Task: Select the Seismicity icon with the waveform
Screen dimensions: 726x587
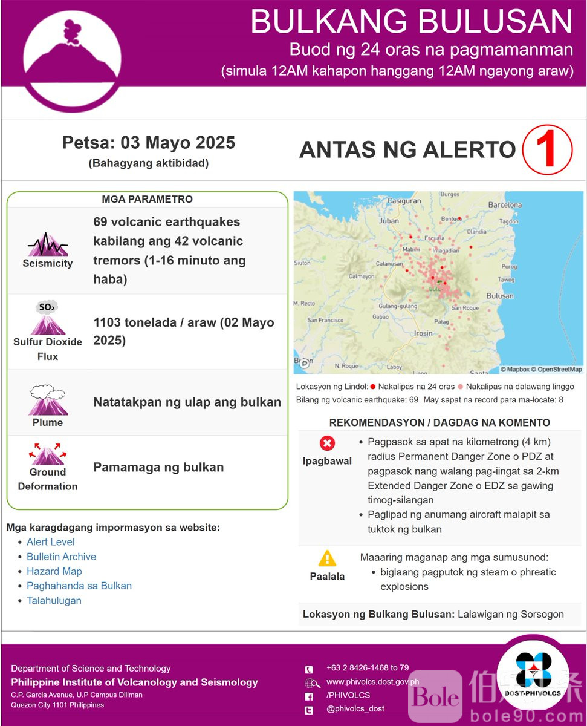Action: pos(48,244)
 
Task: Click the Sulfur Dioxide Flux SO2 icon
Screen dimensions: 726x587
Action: pos(47,318)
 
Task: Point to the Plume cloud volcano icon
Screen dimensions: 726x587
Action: pos(47,400)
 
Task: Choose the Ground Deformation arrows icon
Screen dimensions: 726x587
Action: pos(47,454)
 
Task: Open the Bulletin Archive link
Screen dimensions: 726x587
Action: pos(61,557)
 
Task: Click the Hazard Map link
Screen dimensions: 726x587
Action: pos(54,571)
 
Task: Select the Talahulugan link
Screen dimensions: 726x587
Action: pos(54,600)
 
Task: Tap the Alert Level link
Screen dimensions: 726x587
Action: pos(51,542)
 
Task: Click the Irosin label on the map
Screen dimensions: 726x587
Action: pos(423,333)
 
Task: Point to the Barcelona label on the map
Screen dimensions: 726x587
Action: pos(505,205)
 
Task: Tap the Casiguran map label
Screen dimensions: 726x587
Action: pos(404,201)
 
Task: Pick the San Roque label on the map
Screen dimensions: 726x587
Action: pos(465,307)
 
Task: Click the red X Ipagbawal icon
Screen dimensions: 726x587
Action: pos(327,444)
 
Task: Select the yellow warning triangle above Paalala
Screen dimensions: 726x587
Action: pos(327,558)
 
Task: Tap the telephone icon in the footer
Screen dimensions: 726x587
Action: pos(310,669)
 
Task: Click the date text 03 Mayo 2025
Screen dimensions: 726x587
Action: pos(178,143)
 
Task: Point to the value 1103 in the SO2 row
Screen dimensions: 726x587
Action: pos(107,322)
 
